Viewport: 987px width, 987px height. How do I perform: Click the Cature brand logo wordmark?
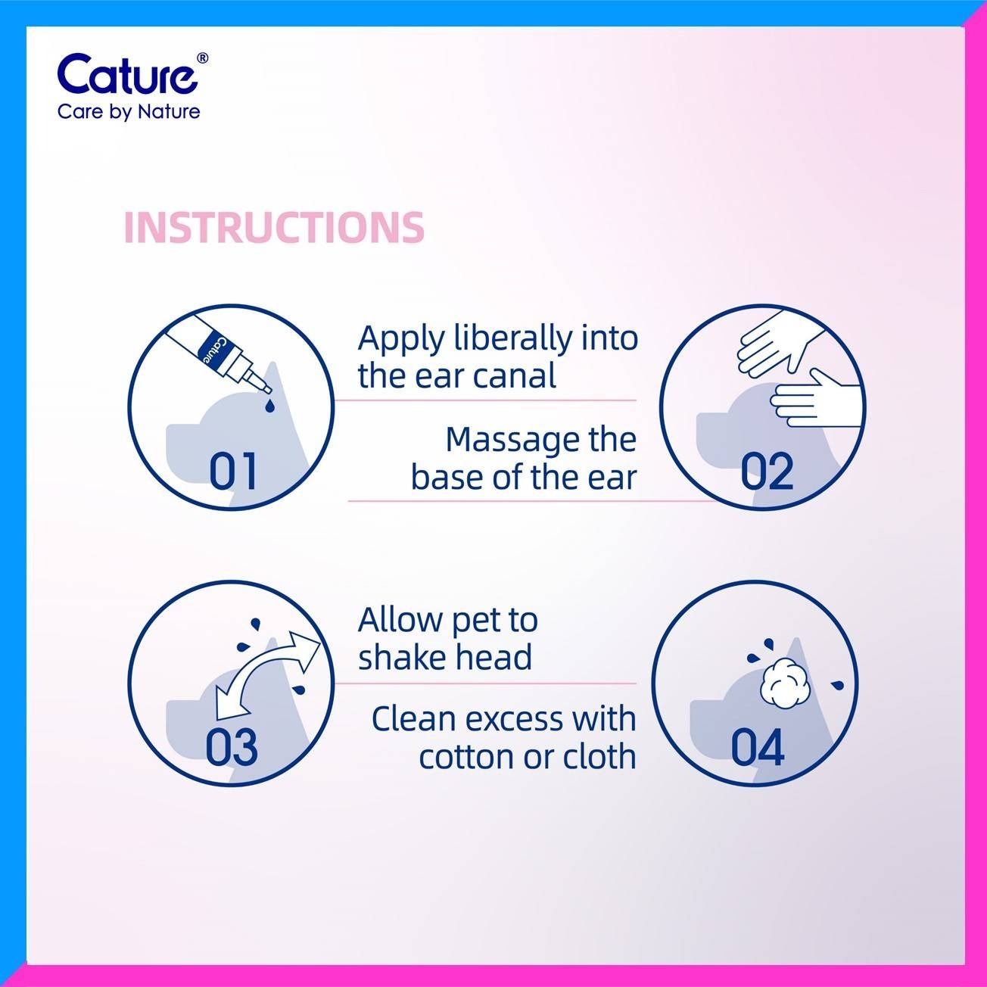tap(127, 74)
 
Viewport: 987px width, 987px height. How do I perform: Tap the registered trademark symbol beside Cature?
tap(203, 58)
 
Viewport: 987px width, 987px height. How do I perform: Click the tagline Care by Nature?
tap(129, 112)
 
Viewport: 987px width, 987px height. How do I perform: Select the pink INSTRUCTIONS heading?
tap(274, 227)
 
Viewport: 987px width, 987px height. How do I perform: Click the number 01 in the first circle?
tap(233, 472)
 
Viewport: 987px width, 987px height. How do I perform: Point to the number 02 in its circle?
tap(767, 472)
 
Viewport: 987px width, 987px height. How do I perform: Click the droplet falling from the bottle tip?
tap(269, 406)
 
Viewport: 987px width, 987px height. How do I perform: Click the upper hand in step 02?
tap(777, 341)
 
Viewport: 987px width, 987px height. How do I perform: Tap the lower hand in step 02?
tap(815, 399)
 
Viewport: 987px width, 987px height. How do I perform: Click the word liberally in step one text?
tap(514, 339)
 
